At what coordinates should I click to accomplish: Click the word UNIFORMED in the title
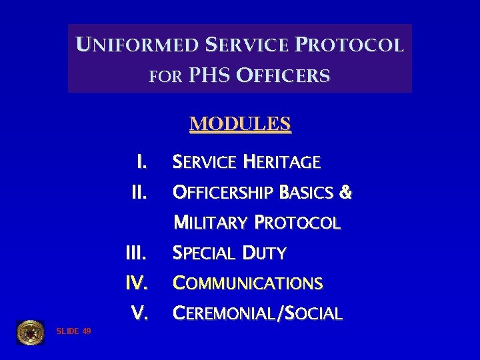(x=137, y=45)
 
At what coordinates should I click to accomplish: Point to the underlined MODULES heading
(x=240, y=125)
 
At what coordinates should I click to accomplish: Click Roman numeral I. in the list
(x=141, y=162)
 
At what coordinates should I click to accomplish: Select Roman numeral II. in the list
(x=139, y=193)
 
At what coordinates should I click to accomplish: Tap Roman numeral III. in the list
(x=137, y=253)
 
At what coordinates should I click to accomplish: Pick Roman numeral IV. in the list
(x=137, y=283)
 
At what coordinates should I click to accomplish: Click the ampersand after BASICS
(x=345, y=193)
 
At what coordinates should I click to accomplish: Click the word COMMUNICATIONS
(x=247, y=283)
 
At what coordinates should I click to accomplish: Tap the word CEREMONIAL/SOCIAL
(x=257, y=313)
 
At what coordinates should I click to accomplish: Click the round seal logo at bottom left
(x=30, y=332)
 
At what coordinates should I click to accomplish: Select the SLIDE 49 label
(x=74, y=331)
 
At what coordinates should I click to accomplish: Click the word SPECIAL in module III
(x=204, y=253)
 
